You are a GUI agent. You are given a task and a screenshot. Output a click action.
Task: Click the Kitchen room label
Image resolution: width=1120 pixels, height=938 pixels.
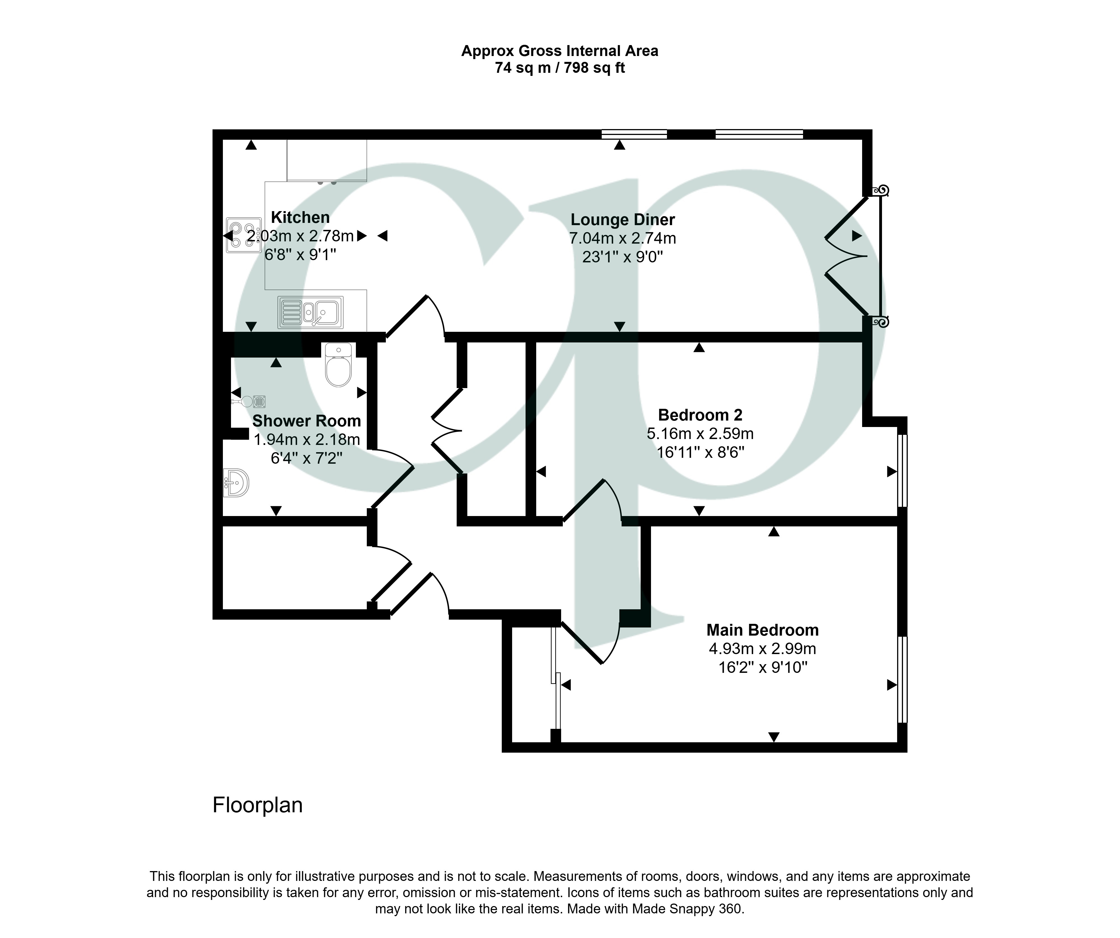(300, 218)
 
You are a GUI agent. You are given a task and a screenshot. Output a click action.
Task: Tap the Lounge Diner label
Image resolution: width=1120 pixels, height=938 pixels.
(622, 220)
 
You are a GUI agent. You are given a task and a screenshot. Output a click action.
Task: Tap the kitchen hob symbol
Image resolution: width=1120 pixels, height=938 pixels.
(244, 235)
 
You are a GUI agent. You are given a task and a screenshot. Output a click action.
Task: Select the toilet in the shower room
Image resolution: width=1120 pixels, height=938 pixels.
(338, 365)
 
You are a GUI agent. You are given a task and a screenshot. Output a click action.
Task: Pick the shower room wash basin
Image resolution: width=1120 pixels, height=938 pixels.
(236, 483)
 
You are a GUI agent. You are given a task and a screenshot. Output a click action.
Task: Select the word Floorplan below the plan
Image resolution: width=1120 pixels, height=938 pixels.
(258, 805)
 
